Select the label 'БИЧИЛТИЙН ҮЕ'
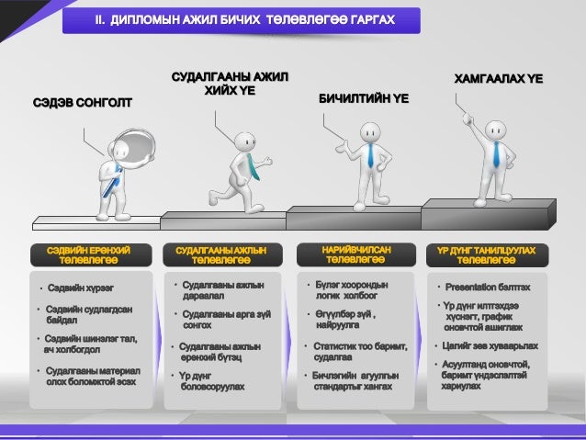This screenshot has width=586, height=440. pyautogui.click(x=363, y=96)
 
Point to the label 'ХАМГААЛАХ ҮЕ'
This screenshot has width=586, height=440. pyautogui.click(x=499, y=80)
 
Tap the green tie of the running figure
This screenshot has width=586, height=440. pyautogui.click(x=251, y=166)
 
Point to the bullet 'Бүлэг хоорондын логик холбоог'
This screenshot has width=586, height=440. pyautogui.click(x=350, y=291)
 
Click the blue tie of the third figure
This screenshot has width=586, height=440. pyautogui.click(x=370, y=155)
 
